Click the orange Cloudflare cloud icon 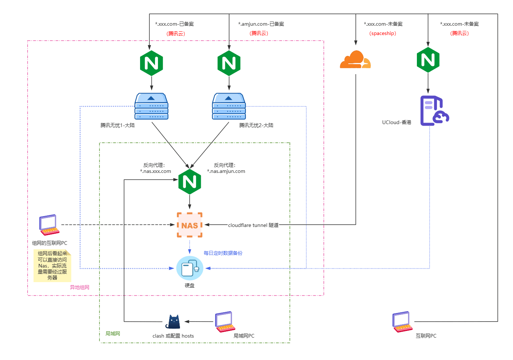355,60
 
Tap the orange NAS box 190,225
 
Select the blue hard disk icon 190,268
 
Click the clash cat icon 173,322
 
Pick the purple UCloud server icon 434,111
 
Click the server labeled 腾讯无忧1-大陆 151,106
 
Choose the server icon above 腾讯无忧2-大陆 229,106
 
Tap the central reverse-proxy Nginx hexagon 190,181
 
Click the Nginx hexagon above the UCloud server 428,60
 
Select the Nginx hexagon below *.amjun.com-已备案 229,63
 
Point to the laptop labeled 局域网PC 225,322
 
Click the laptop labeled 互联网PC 402,322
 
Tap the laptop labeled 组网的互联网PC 49,225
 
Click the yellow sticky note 52,266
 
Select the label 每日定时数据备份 223,253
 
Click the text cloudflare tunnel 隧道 253,225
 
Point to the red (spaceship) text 383,34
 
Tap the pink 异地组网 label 80,287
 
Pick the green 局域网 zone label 113,334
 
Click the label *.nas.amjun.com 226,171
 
